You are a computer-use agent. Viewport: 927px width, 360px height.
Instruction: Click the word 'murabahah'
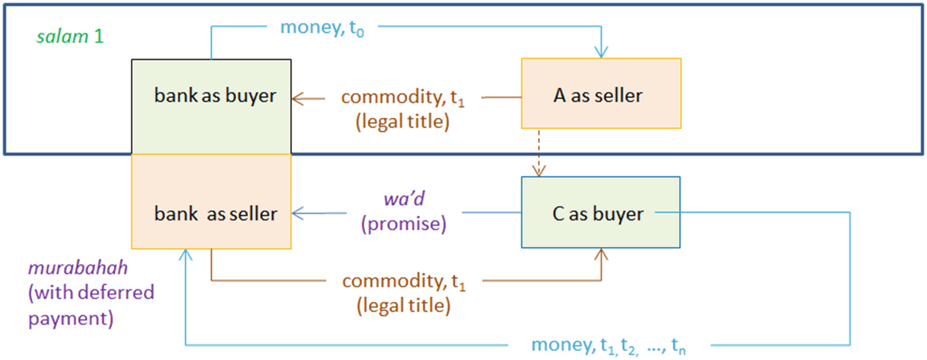[x=78, y=268]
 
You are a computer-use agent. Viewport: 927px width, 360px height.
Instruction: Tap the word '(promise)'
[x=404, y=224]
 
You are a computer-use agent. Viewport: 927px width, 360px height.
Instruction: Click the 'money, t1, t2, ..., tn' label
[x=610, y=345]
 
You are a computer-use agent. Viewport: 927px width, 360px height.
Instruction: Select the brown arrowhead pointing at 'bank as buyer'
[x=298, y=98]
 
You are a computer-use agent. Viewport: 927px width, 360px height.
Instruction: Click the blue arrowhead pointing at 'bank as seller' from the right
[x=298, y=214]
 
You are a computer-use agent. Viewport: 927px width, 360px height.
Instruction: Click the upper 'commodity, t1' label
[x=403, y=98]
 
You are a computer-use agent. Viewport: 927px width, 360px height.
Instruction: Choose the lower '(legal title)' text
[x=403, y=305]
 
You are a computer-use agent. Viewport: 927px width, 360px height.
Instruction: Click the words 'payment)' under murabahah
[x=70, y=318]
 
